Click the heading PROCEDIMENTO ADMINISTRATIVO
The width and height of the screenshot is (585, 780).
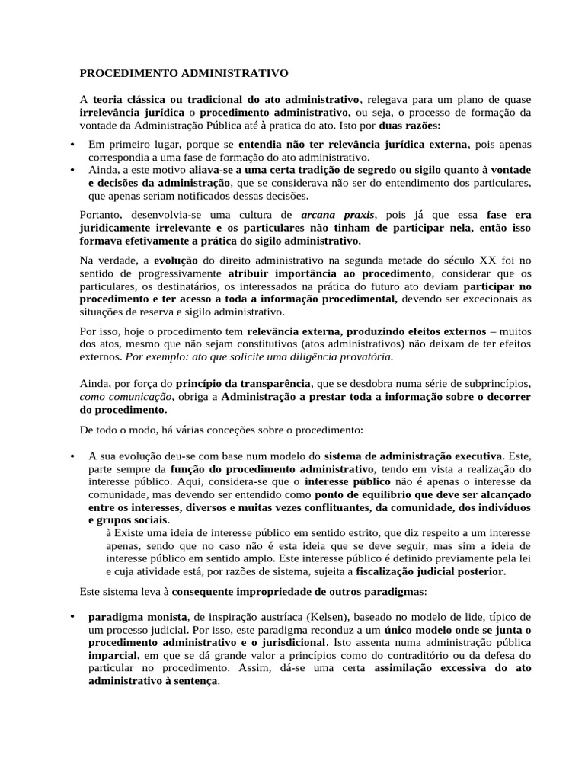click(x=184, y=74)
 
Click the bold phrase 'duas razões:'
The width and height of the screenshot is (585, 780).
click(x=411, y=125)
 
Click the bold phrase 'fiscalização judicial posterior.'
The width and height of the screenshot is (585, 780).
click(x=430, y=571)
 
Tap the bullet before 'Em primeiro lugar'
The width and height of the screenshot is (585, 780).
click(x=71, y=145)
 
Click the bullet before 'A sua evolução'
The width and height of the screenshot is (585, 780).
click(x=71, y=456)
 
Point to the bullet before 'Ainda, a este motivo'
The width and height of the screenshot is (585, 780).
click(x=71, y=169)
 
